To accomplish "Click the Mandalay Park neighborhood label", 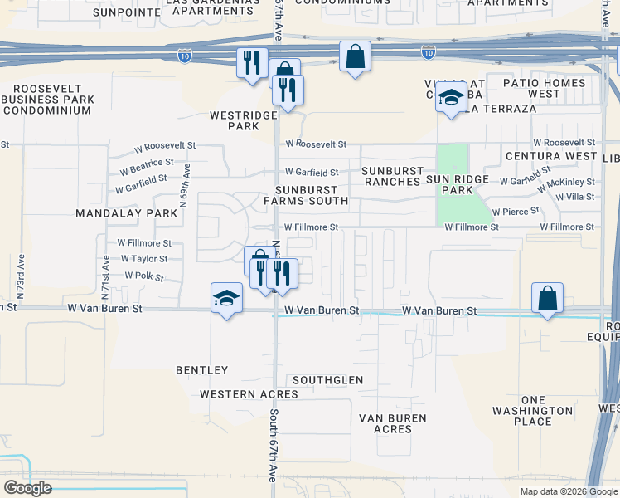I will click(x=127, y=213).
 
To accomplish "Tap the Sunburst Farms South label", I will click(x=306, y=195).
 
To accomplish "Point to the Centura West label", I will click(x=552, y=156).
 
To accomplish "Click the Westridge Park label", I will click(x=235, y=121).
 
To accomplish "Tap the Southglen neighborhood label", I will click(x=327, y=380).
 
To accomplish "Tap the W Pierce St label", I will click(x=516, y=212).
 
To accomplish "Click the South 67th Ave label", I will click(x=272, y=445).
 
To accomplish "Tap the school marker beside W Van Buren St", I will click(x=225, y=298).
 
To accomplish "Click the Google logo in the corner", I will click(x=27, y=488).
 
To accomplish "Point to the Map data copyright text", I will click(x=569, y=491).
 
